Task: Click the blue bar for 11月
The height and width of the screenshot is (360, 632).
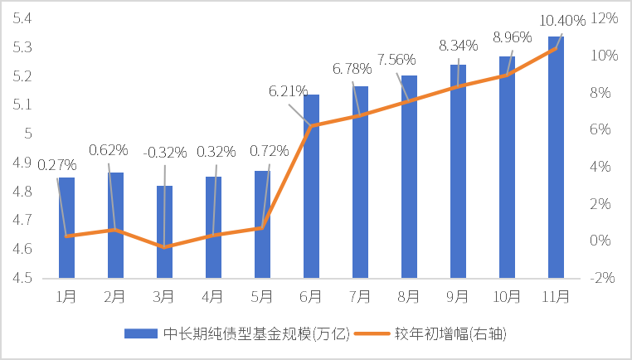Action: point(556,158)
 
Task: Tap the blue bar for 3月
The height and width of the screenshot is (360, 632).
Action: point(164,232)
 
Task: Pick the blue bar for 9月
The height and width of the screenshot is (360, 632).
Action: point(458,171)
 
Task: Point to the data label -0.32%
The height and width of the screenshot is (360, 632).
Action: point(165,152)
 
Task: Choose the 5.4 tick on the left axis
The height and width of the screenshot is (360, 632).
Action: point(22,18)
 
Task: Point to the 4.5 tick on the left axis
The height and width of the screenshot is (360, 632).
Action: point(22,278)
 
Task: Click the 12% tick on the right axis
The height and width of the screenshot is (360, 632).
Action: point(604,18)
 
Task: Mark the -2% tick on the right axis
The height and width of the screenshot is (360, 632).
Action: point(603,278)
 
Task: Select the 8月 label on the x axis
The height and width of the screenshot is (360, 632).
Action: point(409,295)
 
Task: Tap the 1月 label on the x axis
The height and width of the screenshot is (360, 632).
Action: point(66,295)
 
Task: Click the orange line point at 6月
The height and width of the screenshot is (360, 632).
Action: point(311,125)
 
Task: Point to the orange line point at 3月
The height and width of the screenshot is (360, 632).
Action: point(164,246)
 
